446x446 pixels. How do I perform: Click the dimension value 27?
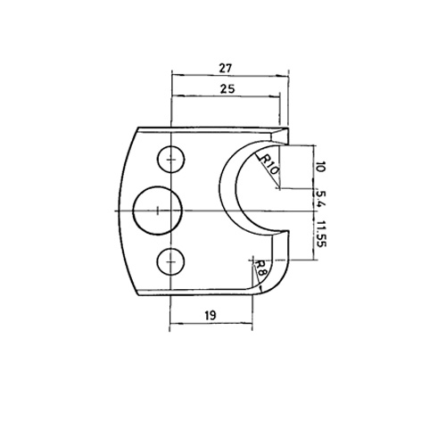pyautogui.click(x=225, y=69)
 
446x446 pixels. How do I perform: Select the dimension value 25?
pyautogui.click(x=227, y=88)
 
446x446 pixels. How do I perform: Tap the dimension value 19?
pyautogui.click(x=211, y=315)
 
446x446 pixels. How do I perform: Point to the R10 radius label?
pyautogui.click(x=269, y=164)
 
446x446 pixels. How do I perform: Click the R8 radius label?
pyautogui.click(x=261, y=268)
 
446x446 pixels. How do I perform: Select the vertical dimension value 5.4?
pyautogui.click(x=321, y=200)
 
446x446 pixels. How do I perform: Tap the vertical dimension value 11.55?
pyautogui.click(x=321, y=234)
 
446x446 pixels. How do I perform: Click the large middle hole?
pyautogui.click(x=157, y=211)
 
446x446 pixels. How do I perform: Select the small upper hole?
pyautogui.click(x=170, y=160)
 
